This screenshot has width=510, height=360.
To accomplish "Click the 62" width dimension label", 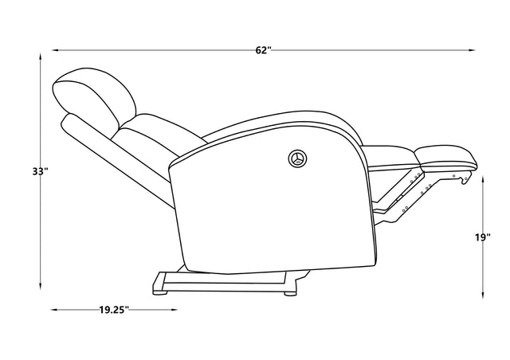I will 264,50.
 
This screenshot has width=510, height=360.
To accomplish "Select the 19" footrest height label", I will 482,237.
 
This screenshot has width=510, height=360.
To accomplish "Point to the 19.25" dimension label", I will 115,310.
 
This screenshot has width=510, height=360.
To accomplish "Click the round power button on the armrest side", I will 298,158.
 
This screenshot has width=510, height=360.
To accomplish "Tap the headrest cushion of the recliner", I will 94,94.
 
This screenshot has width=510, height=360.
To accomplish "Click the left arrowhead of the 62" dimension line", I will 57,50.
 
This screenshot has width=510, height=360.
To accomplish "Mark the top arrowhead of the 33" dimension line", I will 41,57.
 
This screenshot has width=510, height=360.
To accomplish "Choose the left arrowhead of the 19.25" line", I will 56,310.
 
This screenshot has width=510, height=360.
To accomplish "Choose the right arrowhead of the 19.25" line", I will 166,310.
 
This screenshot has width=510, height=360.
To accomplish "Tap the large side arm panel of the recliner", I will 271,199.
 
